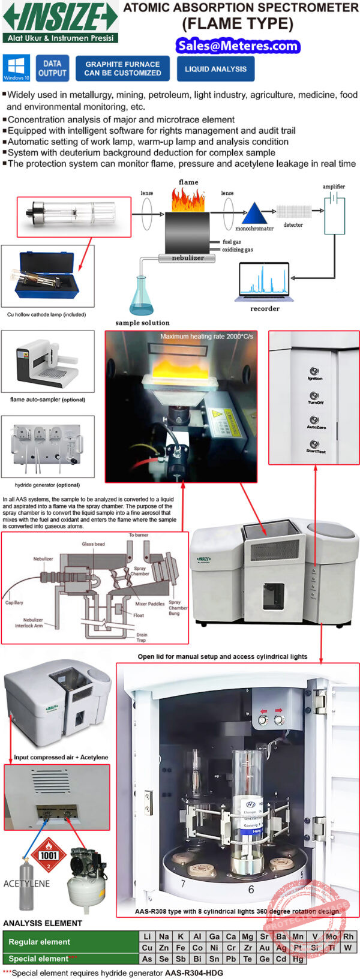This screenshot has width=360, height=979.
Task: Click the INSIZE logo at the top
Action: click(60, 22)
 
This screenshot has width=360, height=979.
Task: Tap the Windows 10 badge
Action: click(16, 68)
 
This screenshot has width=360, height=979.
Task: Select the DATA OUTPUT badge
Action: click(52, 68)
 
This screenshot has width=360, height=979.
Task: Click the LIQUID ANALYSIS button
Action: click(215, 69)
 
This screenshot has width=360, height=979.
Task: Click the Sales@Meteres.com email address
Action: click(238, 46)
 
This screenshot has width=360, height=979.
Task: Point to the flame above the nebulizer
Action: click(188, 199)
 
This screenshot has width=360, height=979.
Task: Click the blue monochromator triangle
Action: click(254, 214)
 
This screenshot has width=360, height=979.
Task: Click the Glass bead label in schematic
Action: click(93, 544)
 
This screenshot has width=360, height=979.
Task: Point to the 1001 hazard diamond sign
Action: click(49, 855)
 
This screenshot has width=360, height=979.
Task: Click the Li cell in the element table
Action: click(147, 936)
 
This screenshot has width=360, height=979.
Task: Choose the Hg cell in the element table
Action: click(298, 959)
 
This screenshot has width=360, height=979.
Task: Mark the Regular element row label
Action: click(40, 942)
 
